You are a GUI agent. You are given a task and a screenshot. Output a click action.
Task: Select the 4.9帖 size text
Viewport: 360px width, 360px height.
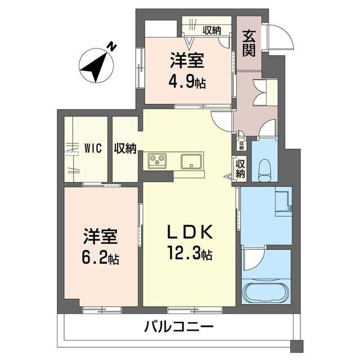pos(188,82)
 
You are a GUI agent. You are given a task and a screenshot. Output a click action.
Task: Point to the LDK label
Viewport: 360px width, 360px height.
pos(188,233)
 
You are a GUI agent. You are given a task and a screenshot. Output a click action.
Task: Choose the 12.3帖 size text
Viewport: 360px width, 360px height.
pos(188,254)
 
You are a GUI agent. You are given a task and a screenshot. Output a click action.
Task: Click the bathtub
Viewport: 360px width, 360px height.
pos(265,292)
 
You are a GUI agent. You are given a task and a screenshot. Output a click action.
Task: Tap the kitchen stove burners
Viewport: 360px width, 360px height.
pos(157,161)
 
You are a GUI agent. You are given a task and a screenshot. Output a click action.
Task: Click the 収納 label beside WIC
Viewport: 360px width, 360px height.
pos(125,148)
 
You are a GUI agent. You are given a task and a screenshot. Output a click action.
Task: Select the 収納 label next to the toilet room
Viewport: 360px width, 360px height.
pos(240,168)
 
